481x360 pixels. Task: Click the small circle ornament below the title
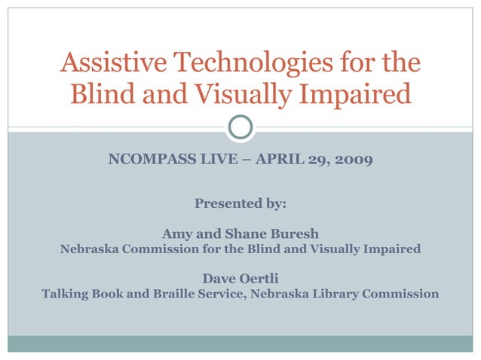(x=240, y=127)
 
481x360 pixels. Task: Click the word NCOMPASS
(x=150, y=160)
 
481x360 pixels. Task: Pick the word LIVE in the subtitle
(x=216, y=160)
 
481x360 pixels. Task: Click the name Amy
(x=176, y=234)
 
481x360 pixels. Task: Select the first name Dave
(x=219, y=279)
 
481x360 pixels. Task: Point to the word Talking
(x=68, y=294)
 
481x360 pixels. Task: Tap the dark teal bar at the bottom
(x=240, y=343)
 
